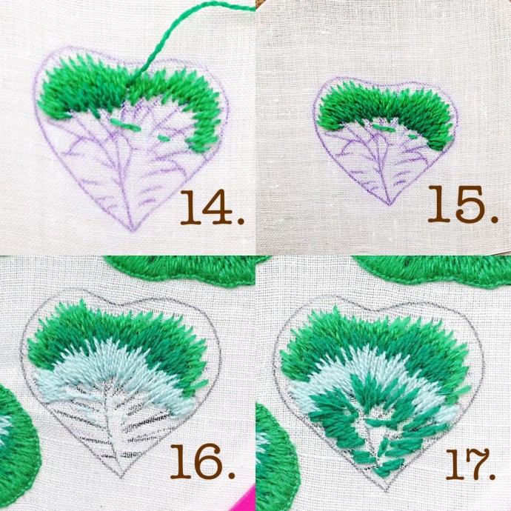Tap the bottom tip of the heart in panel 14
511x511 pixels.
tap(133, 231)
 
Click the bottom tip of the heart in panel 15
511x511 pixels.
tap(389, 205)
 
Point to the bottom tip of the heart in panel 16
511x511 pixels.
tap(121, 478)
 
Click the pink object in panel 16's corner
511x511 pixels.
tap(245, 499)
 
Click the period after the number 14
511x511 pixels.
tap(241, 220)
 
